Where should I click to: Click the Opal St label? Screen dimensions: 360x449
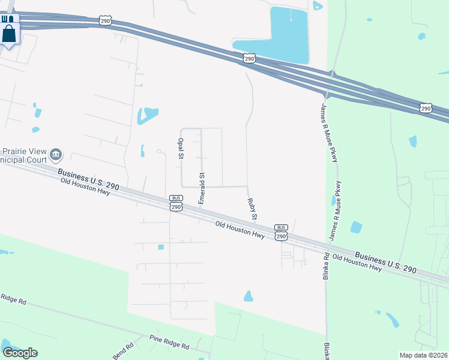click(x=180, y=147)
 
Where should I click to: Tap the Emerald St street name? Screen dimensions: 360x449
click(x=202, y=188)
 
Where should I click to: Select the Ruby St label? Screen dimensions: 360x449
click(x=254, y=208)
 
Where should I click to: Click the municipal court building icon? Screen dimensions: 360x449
click(x=56, y=155)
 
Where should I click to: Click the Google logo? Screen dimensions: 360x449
click(x=20, y=353)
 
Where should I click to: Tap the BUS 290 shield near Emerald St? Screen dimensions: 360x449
click(x=175, y=203)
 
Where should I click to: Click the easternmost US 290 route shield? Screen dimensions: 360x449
click(x=426, y=108)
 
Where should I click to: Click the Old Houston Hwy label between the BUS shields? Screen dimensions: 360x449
click(x=240, y=229)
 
